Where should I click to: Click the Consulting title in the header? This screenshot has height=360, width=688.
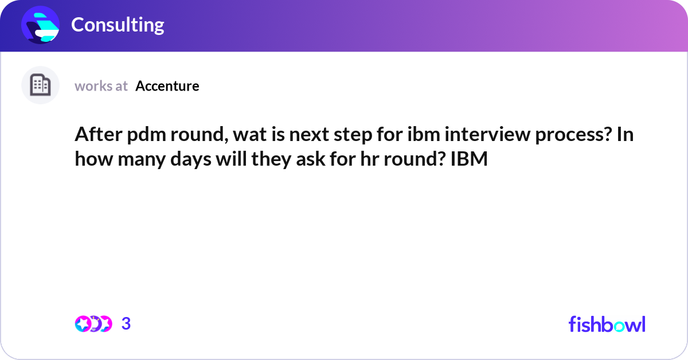coord(118,25)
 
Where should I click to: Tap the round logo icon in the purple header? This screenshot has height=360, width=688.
coord(41,25)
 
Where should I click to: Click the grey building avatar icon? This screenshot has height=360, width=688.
coord(40,85)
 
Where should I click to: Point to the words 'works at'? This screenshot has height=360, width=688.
coord(101,86)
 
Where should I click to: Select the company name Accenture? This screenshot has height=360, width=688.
coord(167,86)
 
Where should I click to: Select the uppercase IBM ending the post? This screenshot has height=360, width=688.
coord(469,159)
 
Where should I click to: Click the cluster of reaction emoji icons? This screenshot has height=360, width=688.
coord(93,324)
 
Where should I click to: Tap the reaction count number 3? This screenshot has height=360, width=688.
coord(126,324)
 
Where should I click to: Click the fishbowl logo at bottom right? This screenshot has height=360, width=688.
coord(607,324)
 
